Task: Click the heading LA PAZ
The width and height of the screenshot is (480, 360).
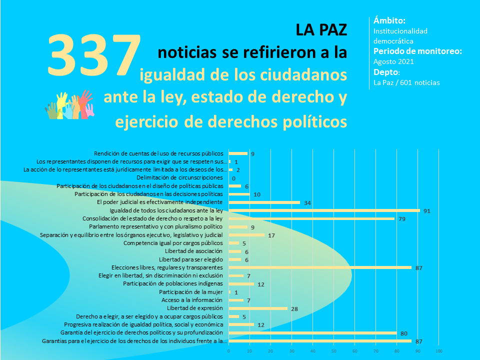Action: tap(321, 30)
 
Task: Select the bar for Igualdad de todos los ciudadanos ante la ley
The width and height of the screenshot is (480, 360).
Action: tap(324, 210)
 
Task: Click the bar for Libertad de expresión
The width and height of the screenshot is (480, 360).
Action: tap(258, 308)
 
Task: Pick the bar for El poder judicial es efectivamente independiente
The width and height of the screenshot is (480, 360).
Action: tap(264, 202)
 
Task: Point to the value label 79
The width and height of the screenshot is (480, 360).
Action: tap(401, 219)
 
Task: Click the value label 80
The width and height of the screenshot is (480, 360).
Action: tap(404, 333)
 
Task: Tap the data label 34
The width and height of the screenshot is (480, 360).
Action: tap(307, 202)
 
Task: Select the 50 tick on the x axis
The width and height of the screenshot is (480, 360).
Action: tap(334, 352)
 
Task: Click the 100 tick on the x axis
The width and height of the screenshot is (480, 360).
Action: tap(439, 352)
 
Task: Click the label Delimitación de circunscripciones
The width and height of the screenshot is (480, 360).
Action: tap(179, 178)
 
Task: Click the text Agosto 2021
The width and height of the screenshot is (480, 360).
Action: tap(393, 61)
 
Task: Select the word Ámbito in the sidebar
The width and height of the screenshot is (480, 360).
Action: tap(389, 20)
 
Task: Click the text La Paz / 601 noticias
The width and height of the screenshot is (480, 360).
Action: tap(407, 82)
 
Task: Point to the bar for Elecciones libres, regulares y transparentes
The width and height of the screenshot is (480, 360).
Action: tap(320, 267)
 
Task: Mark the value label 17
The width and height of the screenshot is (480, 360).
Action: tap(271, 235)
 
